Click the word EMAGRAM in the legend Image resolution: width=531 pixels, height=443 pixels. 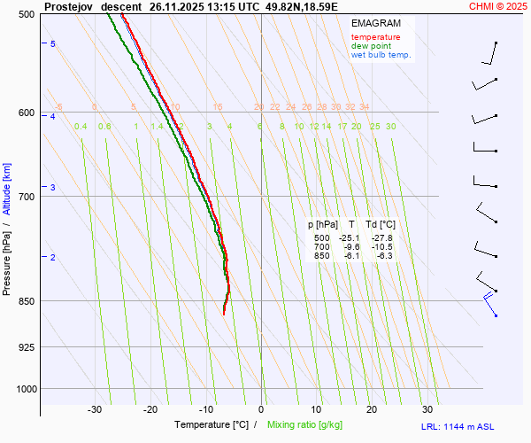pos(374,23)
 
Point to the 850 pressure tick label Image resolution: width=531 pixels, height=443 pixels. pos(26,301)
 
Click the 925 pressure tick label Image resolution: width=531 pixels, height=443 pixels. pos(26,346)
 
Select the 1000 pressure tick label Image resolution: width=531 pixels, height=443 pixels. pos(23,389)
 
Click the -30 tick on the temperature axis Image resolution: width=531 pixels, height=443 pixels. pos(95,409)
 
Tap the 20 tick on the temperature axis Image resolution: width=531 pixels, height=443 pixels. pos(372,409)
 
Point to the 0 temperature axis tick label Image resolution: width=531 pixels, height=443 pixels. pos(261,409)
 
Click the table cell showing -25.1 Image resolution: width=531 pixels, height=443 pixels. pos(350,238)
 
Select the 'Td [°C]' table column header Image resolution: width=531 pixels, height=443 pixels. pos(381,225)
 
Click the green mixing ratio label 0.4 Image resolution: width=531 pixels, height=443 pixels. pos(81,127)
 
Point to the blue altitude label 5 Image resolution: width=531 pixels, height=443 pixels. pos(52,43)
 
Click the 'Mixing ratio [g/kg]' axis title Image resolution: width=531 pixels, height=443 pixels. pos(306,425)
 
